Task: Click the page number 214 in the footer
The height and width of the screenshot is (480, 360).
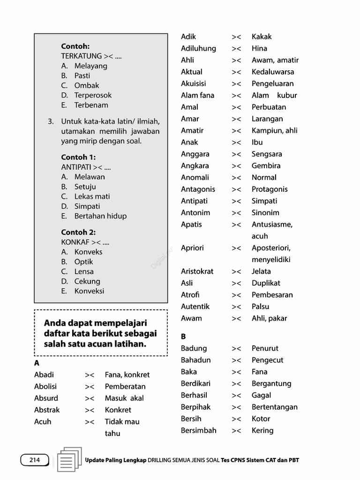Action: pyautogui.click(x=35, y=460)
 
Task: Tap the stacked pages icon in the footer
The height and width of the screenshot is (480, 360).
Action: pyautogui.click(x=68, y=459)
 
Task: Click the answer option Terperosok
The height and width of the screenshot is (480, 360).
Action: pyautogui.click(x=93, y=95)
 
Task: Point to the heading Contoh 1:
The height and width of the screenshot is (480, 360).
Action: pyautogui.click(x=78, y=157)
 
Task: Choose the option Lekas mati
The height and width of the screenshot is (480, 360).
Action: pyautogui.click(x=92, y=196)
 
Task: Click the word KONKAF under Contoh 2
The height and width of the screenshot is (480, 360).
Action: pyautogui.click(x=75, y=242)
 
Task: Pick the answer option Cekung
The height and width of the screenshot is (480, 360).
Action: pyautogui.click(x=87, y=281)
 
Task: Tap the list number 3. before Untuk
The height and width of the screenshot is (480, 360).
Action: pyautogui.click(x=51, y=121)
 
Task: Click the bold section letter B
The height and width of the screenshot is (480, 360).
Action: pyautogui.click(x=183, y=336)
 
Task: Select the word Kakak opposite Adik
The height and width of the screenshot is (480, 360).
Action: pyautogui.click(x=262, y=37)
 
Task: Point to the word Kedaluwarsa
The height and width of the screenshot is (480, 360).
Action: pyautogui.click(x=273, y=72)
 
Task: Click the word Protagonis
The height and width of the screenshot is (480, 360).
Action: pyautogui.click(x=270, y=189)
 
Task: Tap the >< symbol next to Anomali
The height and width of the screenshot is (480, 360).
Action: pyautogui.click(x=236, y=178)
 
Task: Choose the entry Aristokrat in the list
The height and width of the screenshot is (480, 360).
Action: pyautogui.click(x=197, y=271)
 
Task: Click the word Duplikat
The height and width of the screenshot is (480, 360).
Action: pyautogui.click(x=266, y=283)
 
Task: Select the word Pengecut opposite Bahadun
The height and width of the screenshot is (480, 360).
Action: pyautogui.click(x=267, y=360)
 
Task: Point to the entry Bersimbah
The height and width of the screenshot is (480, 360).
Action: pyautogui.click(x=199, y=430)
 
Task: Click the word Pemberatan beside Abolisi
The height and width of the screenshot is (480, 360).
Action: pyautogui.click(x=125, y=386)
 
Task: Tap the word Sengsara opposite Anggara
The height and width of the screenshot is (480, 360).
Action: pyautogui.click(x=267, y=154)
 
